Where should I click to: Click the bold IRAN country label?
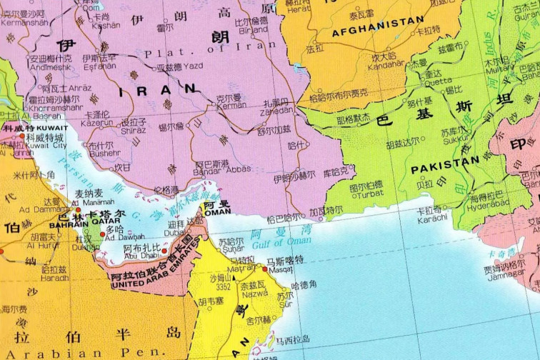tap(158, 89)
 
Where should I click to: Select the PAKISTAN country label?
tap(444, 161)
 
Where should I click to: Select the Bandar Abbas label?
tap(221, 171)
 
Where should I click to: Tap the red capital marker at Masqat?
tap(264, 269)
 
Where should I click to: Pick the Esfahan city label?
tap(99, 66)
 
